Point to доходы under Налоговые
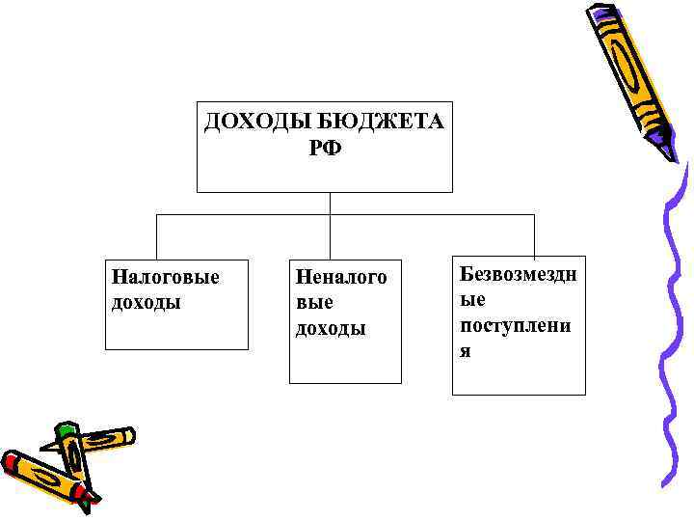pyautogui.click(x=147, y=302)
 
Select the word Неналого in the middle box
pyautogui.click(x=341, y=279)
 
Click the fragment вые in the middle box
pyautogui.click(x=314, y=303)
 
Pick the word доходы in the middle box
pyautogui.click(x=330, y=328)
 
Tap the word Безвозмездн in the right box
pyautogui.click(x=518, y=275)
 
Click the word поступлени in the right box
pyautogui.click(x=515, y=325)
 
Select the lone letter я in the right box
pyautogui.click(x=466, y=350)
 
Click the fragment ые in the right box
pyautogui.click(x=471, y=300)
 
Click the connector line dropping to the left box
pyautogui.click(x=156, y=236)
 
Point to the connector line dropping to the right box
pyautogui.click(x=534, y=236)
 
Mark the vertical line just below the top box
pyautogui.click(x=330, y=203)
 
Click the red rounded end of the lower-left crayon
pyautogui.click(x=12, y=461)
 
